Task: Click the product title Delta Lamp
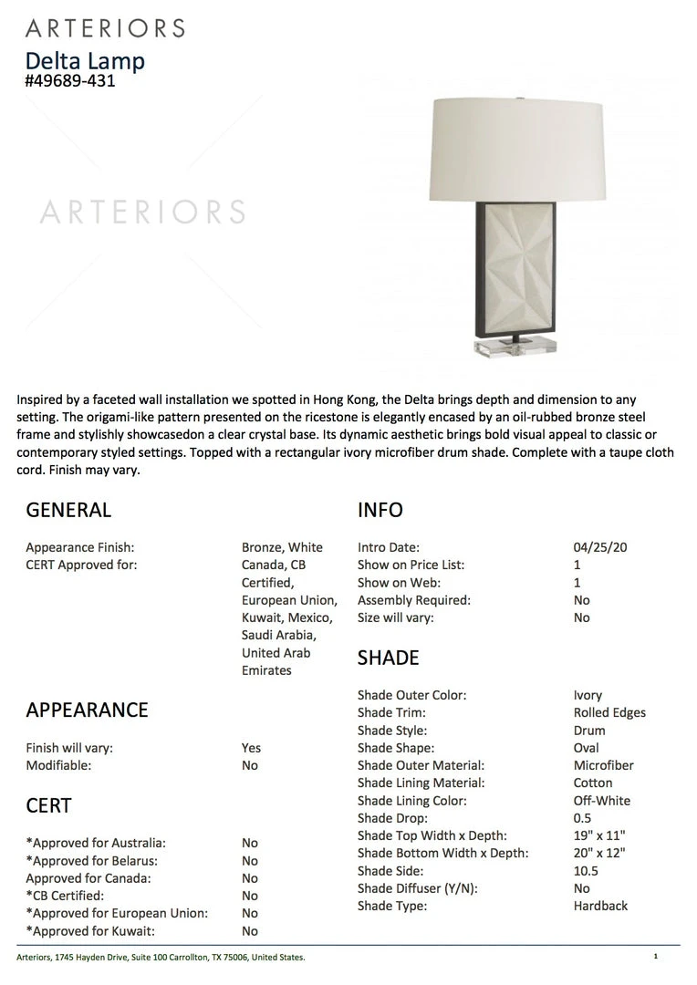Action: pyautogui.click(x=85, y=61)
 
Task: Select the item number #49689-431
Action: pyautogui.click(x=70, y=81)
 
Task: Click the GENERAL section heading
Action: pyautogui.click(x=68, y=510)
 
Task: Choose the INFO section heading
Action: pyautogui.click(x=380, y=510)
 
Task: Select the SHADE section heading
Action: pyautogui.click(x=389, y=658)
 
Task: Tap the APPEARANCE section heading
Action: pyautogui.click(x=87, y=710)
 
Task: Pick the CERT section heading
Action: pyautogui.click(x=48, y=805)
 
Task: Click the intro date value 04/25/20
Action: pyautogui.click(x=600, y=547)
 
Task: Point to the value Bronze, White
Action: pyautogui.click(x=282, y=547)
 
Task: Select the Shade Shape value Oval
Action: pyautogui.click(x=587, y=748)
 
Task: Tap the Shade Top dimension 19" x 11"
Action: pyautogui.click(x=599, y=835)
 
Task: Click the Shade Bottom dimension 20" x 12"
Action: pyautogui.click(x=599, y=854)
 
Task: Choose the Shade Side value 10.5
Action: pyautogui.click(x=586, y=871)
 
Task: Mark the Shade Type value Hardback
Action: pyautogui.click(x=600, y=906)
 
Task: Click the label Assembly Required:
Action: pyautogui.click(x=414, y=600)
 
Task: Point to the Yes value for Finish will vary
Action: pyautogui.click(x=251, y=748)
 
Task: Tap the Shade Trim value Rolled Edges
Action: pyautogui.click(x=609, y=712)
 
